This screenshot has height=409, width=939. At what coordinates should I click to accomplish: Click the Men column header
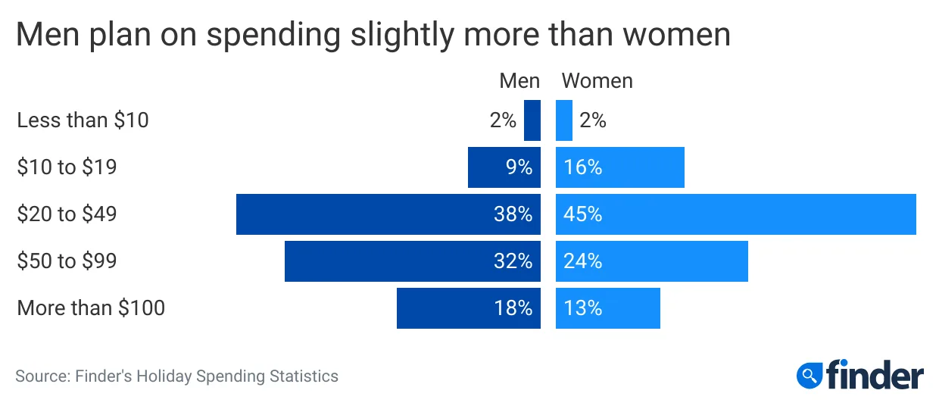[519, 81]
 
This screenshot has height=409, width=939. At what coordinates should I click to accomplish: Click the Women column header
[597, 81]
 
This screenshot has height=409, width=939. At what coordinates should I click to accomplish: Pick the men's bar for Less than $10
[532, 120]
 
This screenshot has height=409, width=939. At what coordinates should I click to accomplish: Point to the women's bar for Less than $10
[564, 120]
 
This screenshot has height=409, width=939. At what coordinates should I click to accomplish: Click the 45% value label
[582, 214]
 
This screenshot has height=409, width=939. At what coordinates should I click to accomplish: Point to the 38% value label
[513, 214]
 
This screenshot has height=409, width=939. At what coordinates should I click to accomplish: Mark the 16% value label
[582, 167]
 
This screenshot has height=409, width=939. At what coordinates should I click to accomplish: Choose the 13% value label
[582, 308]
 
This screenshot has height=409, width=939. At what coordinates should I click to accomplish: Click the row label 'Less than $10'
[83, 120]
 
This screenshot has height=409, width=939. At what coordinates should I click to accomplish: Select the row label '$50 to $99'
[67, 261]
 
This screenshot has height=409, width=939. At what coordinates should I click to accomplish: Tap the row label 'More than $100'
[91, 308]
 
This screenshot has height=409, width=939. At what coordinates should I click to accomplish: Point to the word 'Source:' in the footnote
[42, 376]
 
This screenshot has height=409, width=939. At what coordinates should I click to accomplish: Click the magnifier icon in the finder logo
[810, 374]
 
